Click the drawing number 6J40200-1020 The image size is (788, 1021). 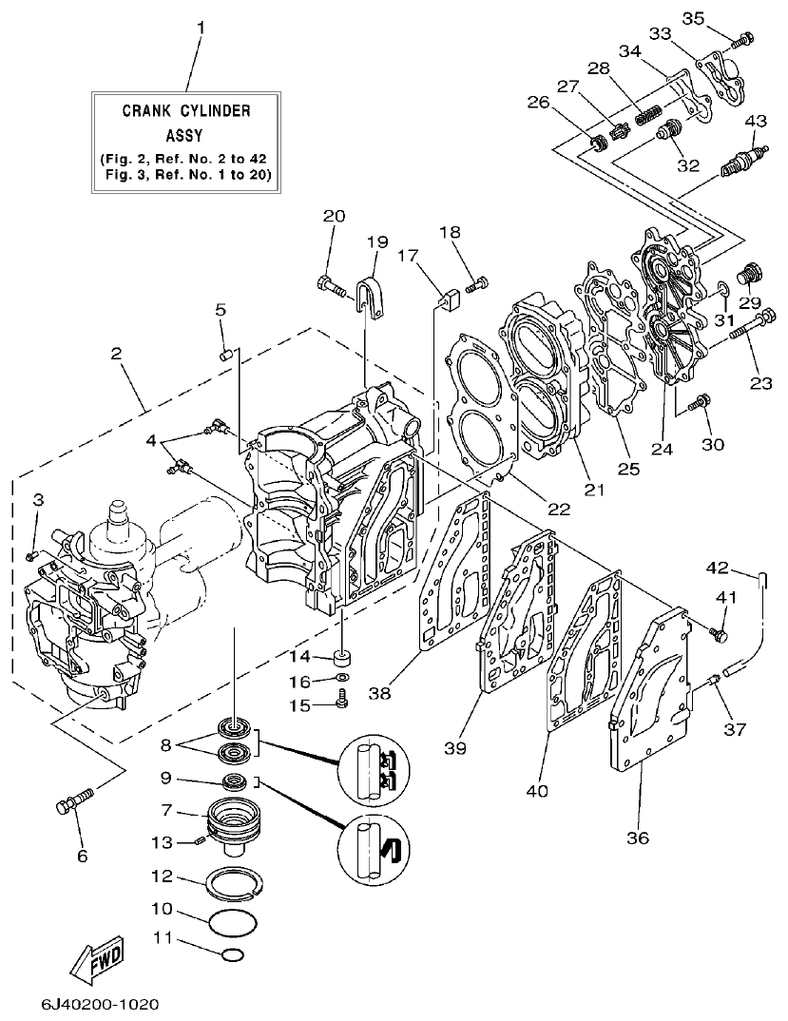[x=100, y=1004]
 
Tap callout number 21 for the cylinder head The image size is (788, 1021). [x=594, y=490]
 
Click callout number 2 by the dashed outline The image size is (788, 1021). [x=116, y=354]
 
